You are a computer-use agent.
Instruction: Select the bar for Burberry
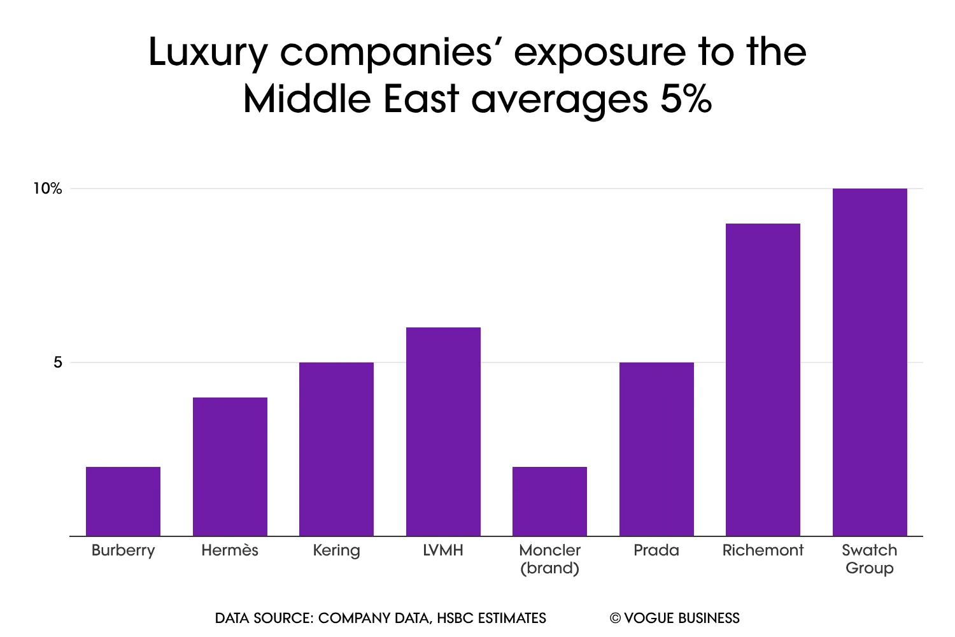pyautogui.click(x=123, y=501)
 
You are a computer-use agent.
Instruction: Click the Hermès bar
pyautogui.click(x=230, y=466)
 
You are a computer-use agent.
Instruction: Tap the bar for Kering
pyautogui.click(x=336, y=449)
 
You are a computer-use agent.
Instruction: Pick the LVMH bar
pyautogui.click(x=443, y=431)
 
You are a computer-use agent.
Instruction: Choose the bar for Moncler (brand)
pyautogui.click(x=549, y=501)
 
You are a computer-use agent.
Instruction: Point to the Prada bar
pyautogui.click(x=656, y=449)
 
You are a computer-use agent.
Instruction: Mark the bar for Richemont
pyautogui.click(x=763, y=380)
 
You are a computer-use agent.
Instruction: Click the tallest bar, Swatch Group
pyautogui.click(x=870, y=362)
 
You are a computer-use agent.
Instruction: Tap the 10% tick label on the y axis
pyautogui.click(x=48, y=189)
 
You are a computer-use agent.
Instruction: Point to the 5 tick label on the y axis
pyautogui.click(x=58, y=362)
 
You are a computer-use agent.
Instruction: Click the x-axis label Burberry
pyautogui.click(x=123, y=550)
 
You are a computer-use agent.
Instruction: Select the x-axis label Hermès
pyautogui.click(x=230, y=550)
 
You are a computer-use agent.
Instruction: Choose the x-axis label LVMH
pyautogui.click(x=443, y=550)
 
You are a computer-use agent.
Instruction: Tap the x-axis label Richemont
pyautogui.click(x=763, y=550)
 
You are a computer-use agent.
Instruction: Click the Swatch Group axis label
pyautogui.click(x=870, y=559)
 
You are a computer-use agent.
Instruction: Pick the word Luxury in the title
pyautogui.click(x=208, y=52)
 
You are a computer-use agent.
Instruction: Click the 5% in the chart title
pyautogui.click(x=686, y=99)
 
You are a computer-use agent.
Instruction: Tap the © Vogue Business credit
pyautogui.click(x=675, y=618)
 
